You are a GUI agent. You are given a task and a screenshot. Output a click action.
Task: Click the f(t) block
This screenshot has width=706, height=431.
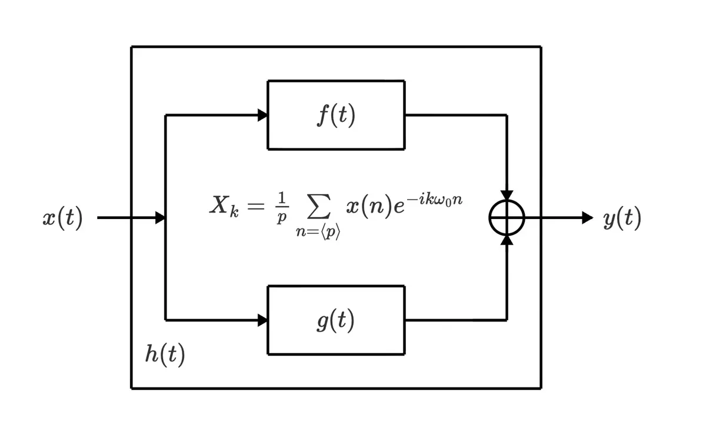[336, 115]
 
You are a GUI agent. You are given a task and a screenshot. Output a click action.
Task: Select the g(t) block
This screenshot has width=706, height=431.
[336, 320]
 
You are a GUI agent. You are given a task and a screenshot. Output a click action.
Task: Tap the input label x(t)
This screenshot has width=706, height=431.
[62, 218]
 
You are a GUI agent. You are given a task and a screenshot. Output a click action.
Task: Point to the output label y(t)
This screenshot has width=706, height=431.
[622, 218]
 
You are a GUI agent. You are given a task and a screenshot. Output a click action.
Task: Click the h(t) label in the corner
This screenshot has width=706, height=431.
[165, 354]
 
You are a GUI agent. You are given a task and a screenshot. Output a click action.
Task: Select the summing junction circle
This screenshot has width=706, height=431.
[507, 218]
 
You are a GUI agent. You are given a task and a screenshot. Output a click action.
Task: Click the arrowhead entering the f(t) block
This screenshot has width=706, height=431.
[262, 115]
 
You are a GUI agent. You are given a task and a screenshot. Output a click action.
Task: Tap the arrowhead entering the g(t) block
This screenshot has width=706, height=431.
[262, 320]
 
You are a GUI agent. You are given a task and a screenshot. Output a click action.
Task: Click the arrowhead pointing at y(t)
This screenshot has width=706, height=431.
[587, 218]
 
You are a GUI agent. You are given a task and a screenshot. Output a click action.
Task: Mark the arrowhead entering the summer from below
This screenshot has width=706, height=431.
[507, 240]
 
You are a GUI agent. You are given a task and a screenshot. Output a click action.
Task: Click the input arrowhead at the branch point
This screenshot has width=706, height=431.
[160, 218]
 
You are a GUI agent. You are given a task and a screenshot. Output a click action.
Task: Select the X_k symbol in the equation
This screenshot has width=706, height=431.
[224, 205]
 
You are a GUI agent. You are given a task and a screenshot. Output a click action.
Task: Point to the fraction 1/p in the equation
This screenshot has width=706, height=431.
[282, 207]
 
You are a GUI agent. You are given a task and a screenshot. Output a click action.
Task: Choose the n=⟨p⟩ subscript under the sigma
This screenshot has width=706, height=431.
[318, 231]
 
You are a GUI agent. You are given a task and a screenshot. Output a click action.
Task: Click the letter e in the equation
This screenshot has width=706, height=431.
[399, 209]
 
